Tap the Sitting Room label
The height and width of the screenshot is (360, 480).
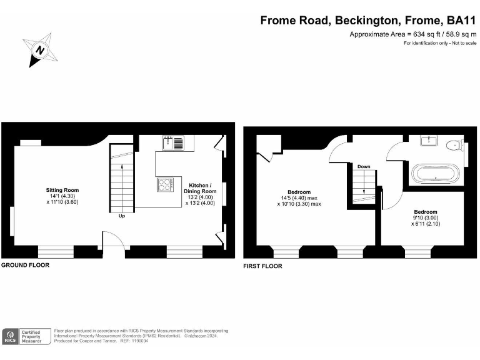click(62, 190)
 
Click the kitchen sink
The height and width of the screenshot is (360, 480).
click(172, 144)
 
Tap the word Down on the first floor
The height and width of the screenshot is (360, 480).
click(364, 167)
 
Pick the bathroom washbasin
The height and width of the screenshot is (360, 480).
click(428, 141)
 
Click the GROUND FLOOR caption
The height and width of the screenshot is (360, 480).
click(25, 265)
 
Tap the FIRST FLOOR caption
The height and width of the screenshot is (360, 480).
click(262, 266)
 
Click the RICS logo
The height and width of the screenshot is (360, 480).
click(10, 336)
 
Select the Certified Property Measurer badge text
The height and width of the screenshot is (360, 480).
click(31, 336)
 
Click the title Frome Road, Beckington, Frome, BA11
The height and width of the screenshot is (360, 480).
click(368, 20)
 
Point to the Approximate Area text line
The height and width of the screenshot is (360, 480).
click(412, 34)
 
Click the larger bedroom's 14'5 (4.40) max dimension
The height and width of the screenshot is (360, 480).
click(301, 198)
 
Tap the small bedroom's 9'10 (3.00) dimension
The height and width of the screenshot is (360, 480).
click(424, 218)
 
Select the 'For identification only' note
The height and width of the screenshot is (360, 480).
click(440, 43)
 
